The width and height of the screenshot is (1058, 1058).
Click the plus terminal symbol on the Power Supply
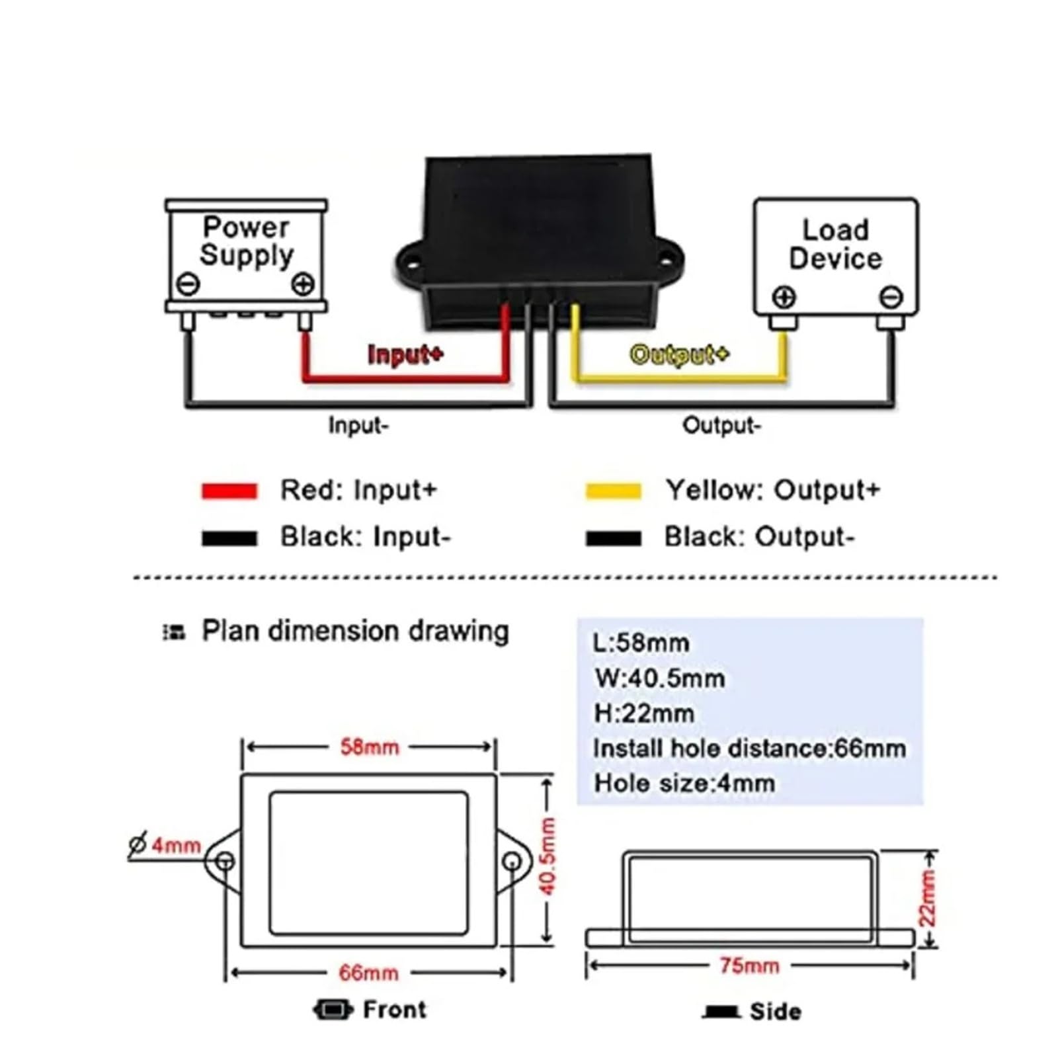[303, 284]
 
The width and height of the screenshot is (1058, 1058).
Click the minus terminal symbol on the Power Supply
[188, 284]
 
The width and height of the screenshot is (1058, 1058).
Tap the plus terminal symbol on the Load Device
[784, 297]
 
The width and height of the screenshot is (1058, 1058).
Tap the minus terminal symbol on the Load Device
[891, 297]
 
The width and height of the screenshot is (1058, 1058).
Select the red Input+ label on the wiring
[405, 354]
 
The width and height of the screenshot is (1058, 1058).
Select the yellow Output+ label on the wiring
[679, 354]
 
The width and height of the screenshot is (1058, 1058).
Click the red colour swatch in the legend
[229, 491]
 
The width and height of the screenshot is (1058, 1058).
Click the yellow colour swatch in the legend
[614, 491]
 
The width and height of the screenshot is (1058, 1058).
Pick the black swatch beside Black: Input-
[229, 538]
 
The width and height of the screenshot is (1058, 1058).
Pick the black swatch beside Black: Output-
[614, 538]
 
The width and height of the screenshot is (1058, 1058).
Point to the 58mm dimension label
[370, 747]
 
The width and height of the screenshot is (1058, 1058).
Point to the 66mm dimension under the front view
[369, 973]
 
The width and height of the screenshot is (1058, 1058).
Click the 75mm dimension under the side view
[749, 965]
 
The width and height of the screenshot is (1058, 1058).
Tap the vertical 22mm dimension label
[927, 897]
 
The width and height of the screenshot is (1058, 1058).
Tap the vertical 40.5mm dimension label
[548, 856]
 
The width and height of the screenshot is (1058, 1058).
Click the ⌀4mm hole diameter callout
[165, 845]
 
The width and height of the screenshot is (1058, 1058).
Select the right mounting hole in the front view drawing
[512, 862]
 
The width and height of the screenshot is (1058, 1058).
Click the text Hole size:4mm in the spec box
[684, 784]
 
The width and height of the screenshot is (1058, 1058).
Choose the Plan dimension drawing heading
[355, 631]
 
